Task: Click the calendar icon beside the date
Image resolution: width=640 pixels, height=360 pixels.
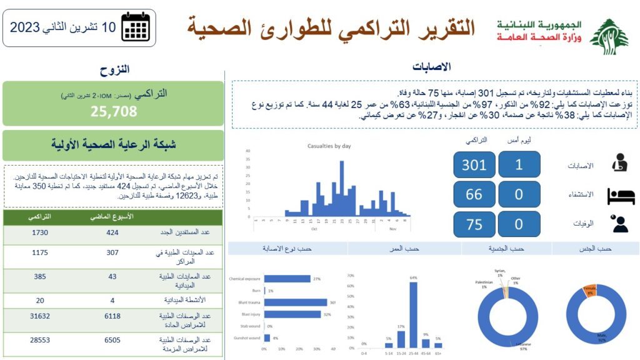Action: (135, 26)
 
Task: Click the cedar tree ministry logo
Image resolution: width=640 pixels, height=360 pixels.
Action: (609, 36)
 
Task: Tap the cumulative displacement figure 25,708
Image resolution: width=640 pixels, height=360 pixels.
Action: (113, 112)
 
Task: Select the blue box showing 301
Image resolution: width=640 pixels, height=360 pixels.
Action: (474, 165)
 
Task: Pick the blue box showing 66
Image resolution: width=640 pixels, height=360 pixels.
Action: (474, 194)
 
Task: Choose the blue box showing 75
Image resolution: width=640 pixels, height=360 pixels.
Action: (474, 224)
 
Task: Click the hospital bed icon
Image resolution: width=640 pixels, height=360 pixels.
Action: (621, 196)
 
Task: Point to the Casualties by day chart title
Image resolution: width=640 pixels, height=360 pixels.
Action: (329, 146)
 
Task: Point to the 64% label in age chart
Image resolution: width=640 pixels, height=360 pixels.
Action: (413, 277)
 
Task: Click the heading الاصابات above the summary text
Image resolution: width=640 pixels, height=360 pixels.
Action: (432, 67)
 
